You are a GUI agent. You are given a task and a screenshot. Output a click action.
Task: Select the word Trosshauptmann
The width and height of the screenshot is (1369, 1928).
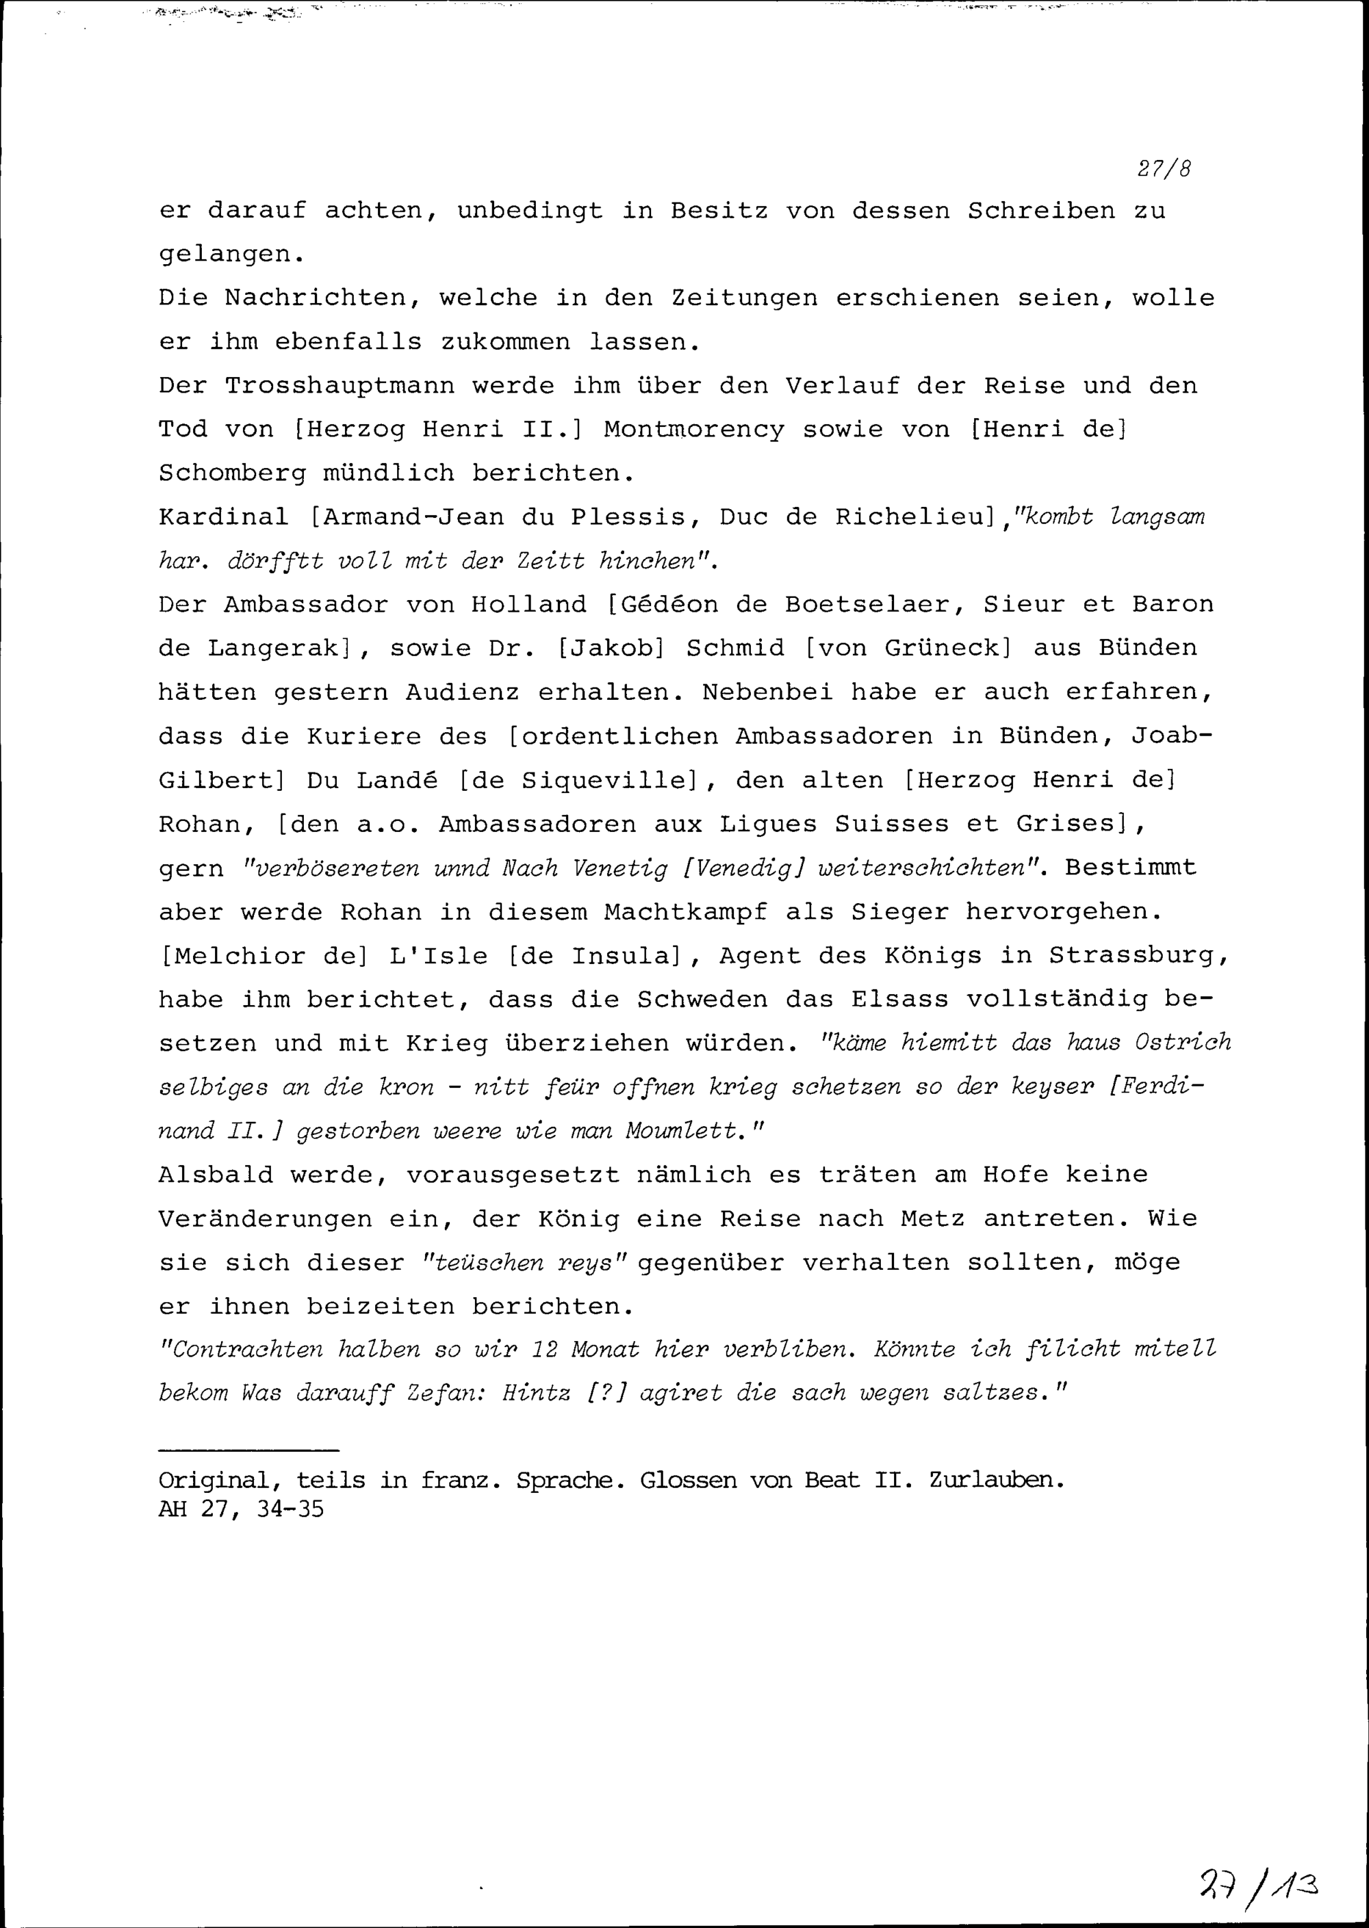(x=339, y=386)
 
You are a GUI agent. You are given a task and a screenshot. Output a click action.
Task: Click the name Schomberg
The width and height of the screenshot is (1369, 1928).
(x=233, y=473)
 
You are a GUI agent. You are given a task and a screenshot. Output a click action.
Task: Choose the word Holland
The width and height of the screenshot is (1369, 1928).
(x=528, y=605)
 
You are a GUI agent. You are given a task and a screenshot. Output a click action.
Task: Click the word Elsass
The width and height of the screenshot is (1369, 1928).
(x=900, y=1000)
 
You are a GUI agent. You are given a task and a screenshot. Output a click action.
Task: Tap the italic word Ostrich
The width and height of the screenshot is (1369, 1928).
(x=1183, y=1043)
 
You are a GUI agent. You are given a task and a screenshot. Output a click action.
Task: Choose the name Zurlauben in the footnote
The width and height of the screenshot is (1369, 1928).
(x=997, y=1481)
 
